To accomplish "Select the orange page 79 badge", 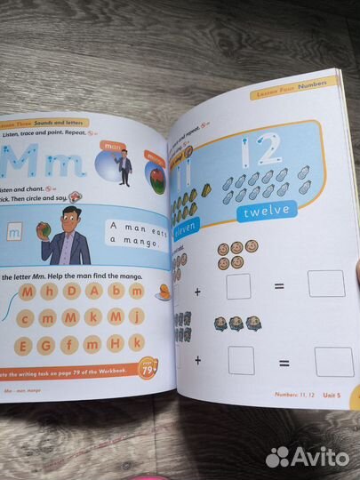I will coord(149,366).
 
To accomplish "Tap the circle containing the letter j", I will coord(135,316).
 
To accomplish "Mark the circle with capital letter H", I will coord(113,342).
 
